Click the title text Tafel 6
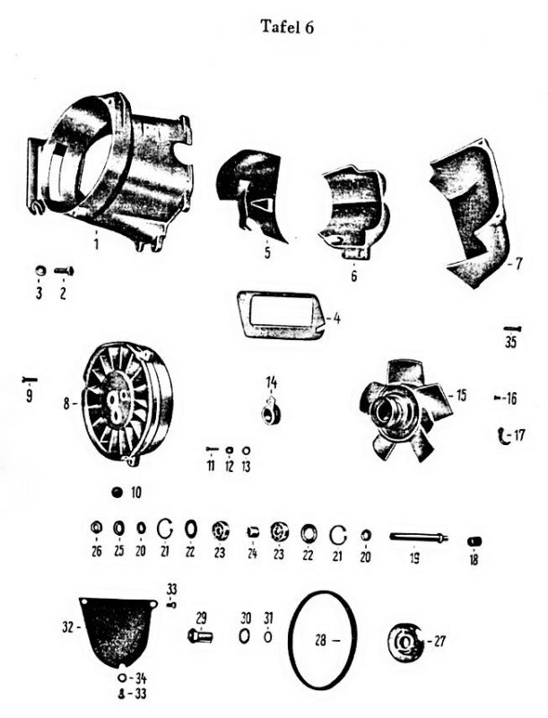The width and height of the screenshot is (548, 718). (x=287, y=27)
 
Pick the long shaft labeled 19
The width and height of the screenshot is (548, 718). (x=419, y=537)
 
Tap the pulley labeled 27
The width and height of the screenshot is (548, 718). (x=405, y=641)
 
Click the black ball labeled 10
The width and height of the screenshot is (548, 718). (x=118, y=492)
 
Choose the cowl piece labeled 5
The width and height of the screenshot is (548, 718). (x=252, y=192)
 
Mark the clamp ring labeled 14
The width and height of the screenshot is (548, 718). (x=272, y=412)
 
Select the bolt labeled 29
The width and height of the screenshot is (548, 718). (x=200, y=636)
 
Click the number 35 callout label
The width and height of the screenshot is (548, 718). (x=510, y=342)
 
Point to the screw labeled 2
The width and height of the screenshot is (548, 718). (x=64, y=271)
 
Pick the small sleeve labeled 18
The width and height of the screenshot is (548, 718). (x=474, y=542)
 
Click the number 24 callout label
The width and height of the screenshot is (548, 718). (x=252, y=554)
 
